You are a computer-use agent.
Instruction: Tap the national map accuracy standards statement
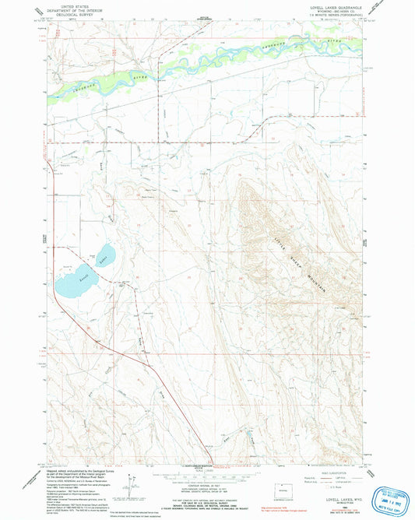click(207, 496)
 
